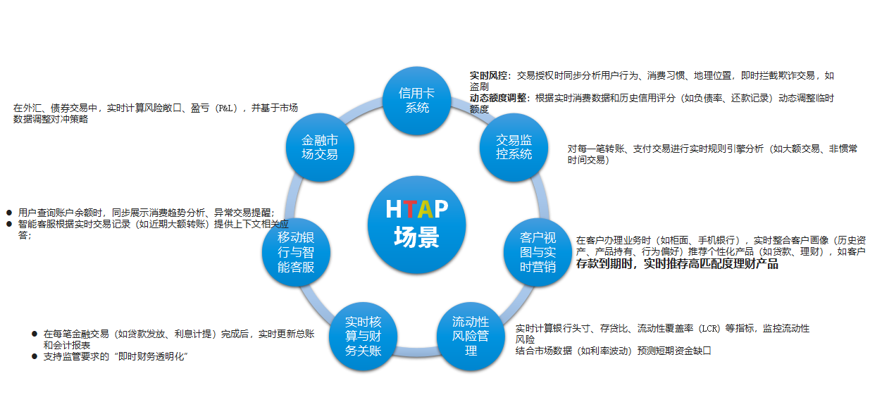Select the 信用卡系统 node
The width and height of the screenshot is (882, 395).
pyautogui.click(x=416, y=100)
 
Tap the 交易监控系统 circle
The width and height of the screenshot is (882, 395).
pyautogui.click(x=514, y=146)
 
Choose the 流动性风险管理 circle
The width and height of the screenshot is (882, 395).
pyautogui.click(x=471, y=336)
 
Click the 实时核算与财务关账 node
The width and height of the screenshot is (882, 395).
pyautogui.click(x=363, y=336)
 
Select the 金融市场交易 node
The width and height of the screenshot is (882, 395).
pyautogui.click(x=319, y=146)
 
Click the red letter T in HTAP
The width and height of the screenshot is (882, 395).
pyautogui.click(x=409, y=209)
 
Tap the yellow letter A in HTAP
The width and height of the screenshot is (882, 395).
pyautogui.click(x=424, y=209)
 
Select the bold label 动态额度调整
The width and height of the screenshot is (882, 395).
pyautogui.click(x=499, y=99)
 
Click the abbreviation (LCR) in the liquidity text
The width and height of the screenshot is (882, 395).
pyautogui.click(x=716, y=328)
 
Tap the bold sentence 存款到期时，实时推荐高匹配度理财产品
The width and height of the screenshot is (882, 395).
pyautogui.click(x=677, y=265)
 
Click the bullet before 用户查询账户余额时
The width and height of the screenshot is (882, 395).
pyautogui.click(x=9, y=212)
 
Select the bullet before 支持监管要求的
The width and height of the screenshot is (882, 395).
pyautogui.click(x=34, y=357)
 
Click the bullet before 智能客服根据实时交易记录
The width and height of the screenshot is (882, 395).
pyautogui.click(x=9, y=224)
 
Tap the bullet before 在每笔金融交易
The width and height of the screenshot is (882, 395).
pyautogui.click(x=34, y=334)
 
